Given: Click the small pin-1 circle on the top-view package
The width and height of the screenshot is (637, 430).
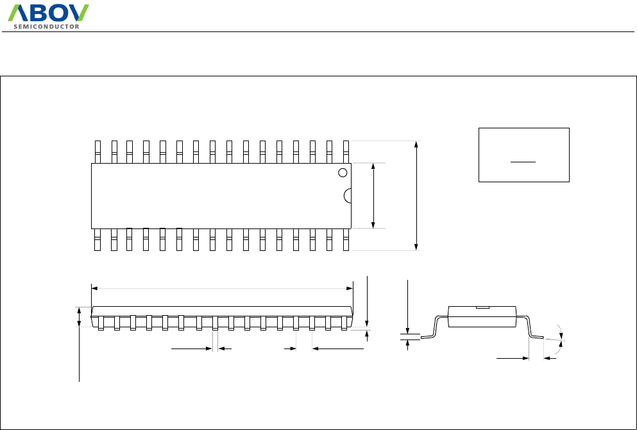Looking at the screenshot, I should (343, 172).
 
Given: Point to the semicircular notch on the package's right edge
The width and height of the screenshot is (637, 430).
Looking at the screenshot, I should (348, 196).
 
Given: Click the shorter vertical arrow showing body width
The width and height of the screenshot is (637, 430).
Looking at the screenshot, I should (374, 195).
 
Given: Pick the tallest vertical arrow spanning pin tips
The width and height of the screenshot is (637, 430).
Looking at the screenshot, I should (417, 195).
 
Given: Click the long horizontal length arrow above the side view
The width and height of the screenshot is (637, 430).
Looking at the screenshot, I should (222, 289).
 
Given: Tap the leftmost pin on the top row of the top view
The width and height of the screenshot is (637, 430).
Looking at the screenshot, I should (98, 151).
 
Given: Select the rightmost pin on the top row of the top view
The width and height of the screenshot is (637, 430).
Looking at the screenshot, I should (346, 151).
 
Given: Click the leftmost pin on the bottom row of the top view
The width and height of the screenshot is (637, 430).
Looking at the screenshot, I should (98, 239).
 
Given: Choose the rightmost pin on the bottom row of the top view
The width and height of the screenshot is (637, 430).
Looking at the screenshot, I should (346, 239).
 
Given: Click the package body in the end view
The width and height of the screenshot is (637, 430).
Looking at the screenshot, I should (483, 318).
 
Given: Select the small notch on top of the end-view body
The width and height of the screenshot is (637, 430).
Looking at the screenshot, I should (483, 308).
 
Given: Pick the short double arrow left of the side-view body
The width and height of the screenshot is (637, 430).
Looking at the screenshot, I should (80, 317).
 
